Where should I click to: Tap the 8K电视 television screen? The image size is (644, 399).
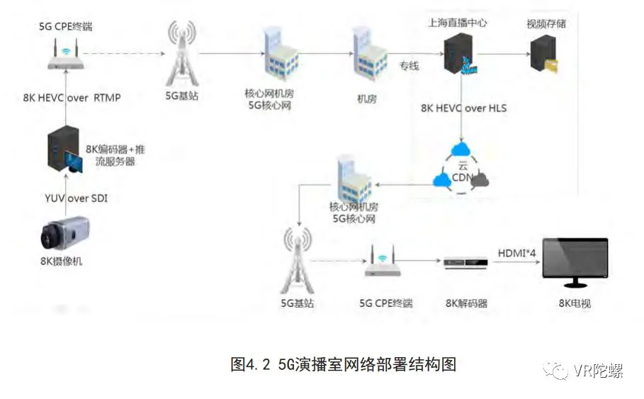(575, 263)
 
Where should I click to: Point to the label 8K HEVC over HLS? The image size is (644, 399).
(463, 108)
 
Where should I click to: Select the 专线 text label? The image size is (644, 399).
(409, 66)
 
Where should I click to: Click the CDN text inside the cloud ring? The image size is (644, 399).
(461, 179)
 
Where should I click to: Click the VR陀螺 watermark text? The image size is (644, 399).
(598, 371)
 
